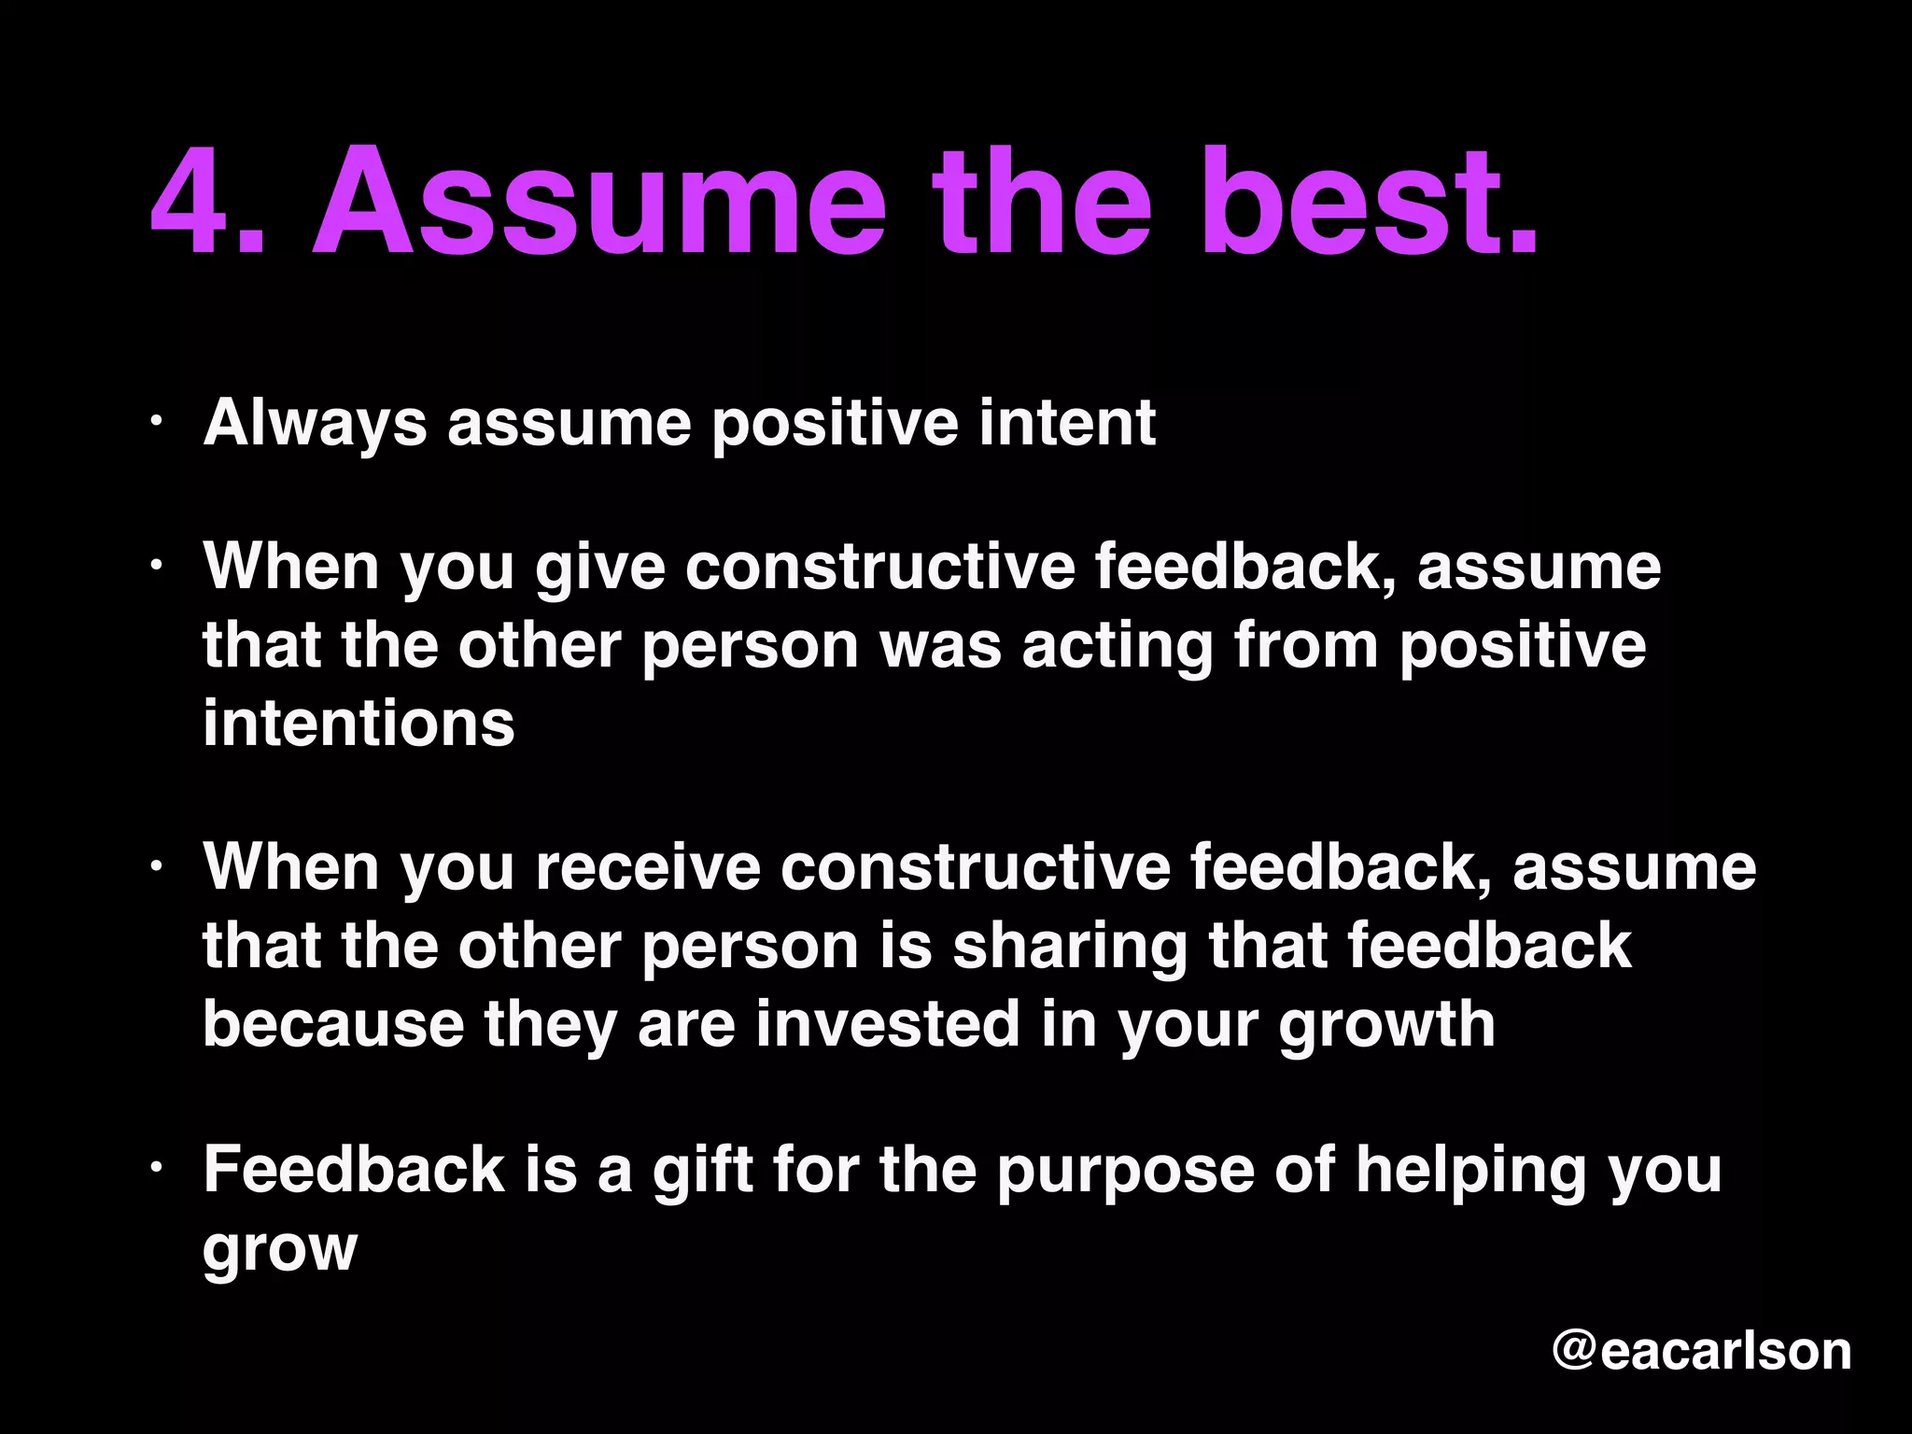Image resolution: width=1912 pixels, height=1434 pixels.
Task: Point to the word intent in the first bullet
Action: [x=1067, y=423]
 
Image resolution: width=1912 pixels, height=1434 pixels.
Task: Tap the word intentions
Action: [x=358, y=724]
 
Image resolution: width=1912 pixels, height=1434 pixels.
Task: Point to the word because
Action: [x=333, y=1024]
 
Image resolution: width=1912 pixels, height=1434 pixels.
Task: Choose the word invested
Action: [x=887, y=1024]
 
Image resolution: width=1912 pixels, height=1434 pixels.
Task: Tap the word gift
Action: [x=702, y=1170]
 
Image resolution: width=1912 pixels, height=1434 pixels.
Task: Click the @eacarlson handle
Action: [x=1701, y=1351]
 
